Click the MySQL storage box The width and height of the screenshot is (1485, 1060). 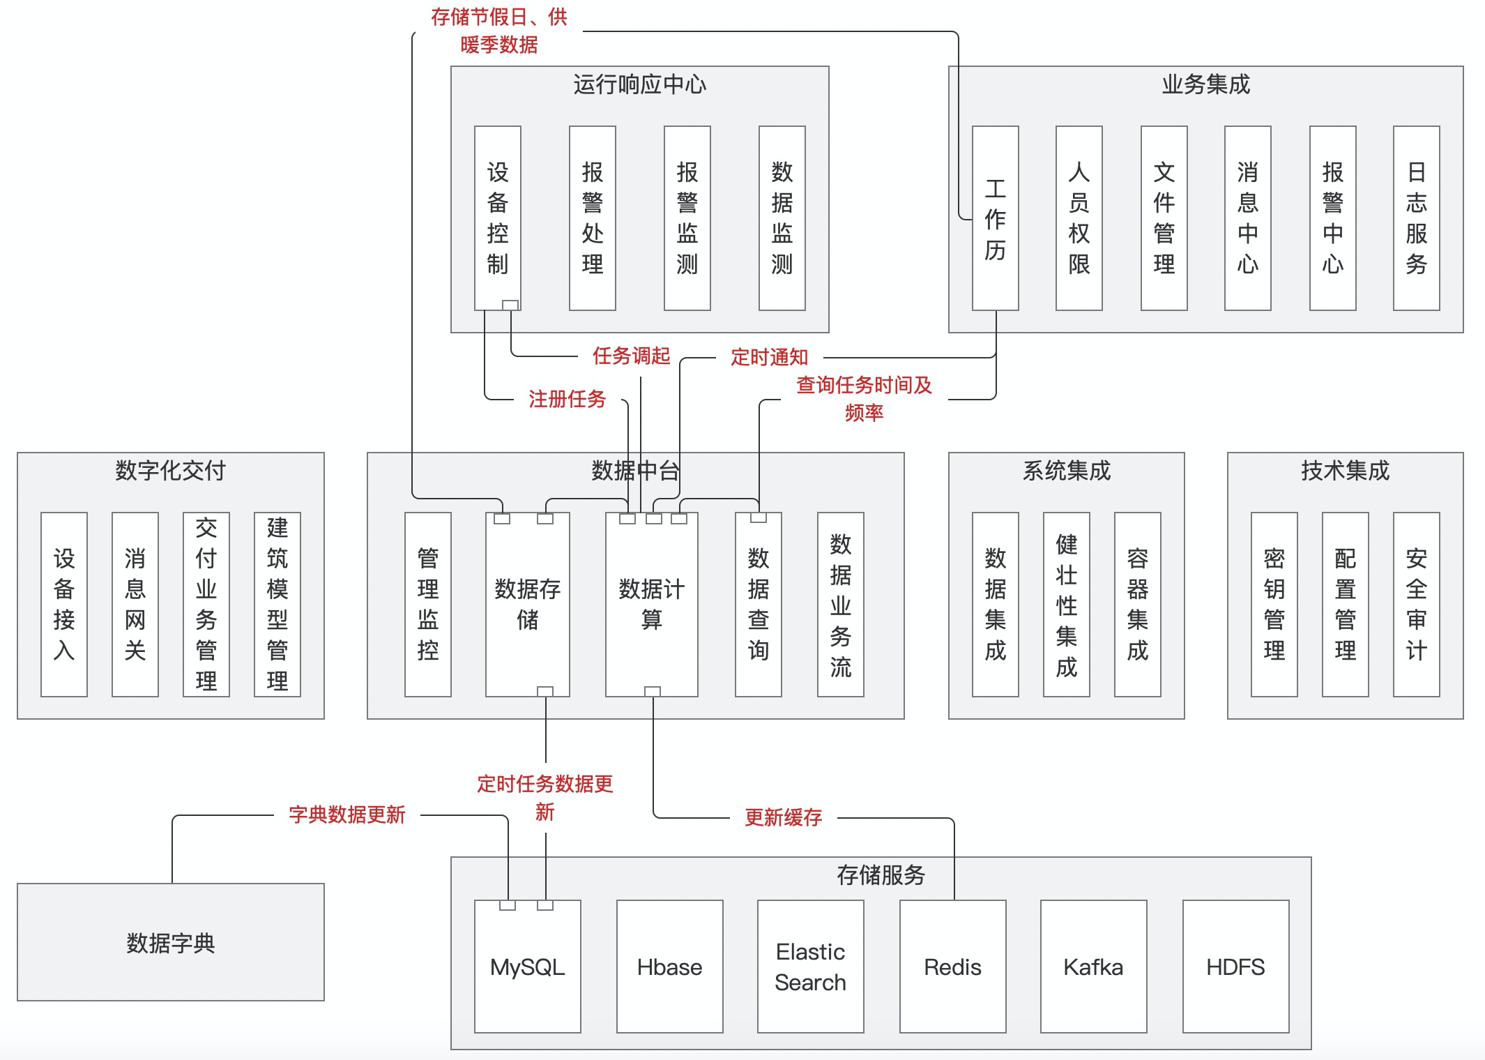[x=527, y=967]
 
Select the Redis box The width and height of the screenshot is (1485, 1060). [x=952, y=967]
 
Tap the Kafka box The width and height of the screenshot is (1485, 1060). [x=1093, y=967]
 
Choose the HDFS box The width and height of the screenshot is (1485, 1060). [x=1235, y=967]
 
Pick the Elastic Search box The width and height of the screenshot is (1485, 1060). [x=810, y=967]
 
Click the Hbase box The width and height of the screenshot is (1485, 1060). [x=669, y=967]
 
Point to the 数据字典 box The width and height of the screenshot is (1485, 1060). [x=171, y=942]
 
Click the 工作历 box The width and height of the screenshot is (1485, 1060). [x=995, y=218]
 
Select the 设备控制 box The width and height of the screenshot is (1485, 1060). [x=497, y=218]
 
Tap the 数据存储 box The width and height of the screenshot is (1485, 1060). [x=527, y=604]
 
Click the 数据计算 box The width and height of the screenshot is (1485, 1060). [x=651, y=604]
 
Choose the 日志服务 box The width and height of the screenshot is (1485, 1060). [x=1416, y=218]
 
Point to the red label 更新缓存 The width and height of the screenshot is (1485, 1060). [x=783, y=817]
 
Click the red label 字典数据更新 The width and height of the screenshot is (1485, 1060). [x=346, y=815]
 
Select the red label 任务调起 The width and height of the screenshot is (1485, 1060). [x=631, y=356]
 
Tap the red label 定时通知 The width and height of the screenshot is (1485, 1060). [x=769, y=358]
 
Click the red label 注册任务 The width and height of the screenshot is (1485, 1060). [x=567, y=399]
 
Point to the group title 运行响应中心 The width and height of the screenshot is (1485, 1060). [x=639, y=84]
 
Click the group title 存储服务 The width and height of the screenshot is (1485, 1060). [x=881, y=874]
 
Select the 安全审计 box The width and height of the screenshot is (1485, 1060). [x=1416, y=604]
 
